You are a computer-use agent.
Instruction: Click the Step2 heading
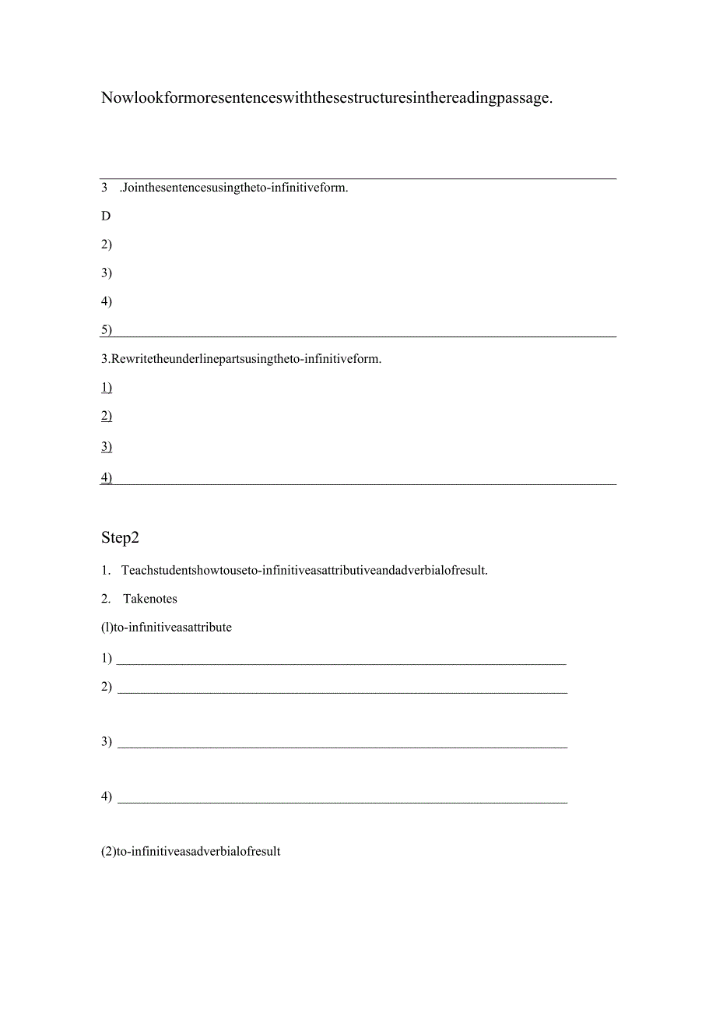click(120, 537)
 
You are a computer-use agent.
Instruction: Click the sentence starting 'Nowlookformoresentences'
click(326, 98)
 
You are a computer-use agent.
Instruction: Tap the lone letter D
click(106, 216)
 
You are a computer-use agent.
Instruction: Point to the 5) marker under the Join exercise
click(106, 329)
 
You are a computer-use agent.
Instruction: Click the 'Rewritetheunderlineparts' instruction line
click(241, 359)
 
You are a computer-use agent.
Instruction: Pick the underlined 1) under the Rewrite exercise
click(106, 387)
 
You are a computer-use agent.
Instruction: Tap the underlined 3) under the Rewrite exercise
click(106, 446)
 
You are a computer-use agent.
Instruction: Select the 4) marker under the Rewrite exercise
click(106, 477)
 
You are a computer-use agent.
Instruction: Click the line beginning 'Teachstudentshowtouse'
click(304, 570)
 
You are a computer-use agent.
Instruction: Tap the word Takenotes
click(150, 599)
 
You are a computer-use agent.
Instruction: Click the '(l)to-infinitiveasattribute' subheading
click(167, 627)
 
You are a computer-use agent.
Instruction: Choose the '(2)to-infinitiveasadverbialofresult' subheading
click(191, 851)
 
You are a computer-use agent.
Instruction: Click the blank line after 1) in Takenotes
click(341, 663)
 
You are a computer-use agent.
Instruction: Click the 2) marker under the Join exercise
click(106, 244)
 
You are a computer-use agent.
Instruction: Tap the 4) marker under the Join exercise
click(106, 301)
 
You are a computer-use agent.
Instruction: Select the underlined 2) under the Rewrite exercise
click(106, 416)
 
